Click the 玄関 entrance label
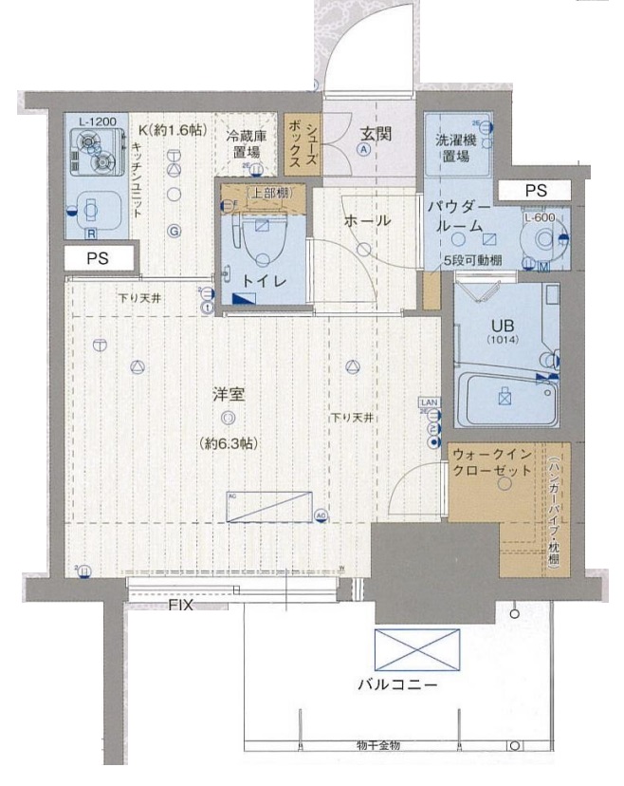[369, 134]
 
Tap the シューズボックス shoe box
[304, 143]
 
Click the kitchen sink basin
[93, 209]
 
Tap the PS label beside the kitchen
[98, 257]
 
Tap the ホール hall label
[367, 220]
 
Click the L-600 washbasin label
[539, 216]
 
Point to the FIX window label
[181, 605]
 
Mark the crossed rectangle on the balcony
[416, 651]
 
